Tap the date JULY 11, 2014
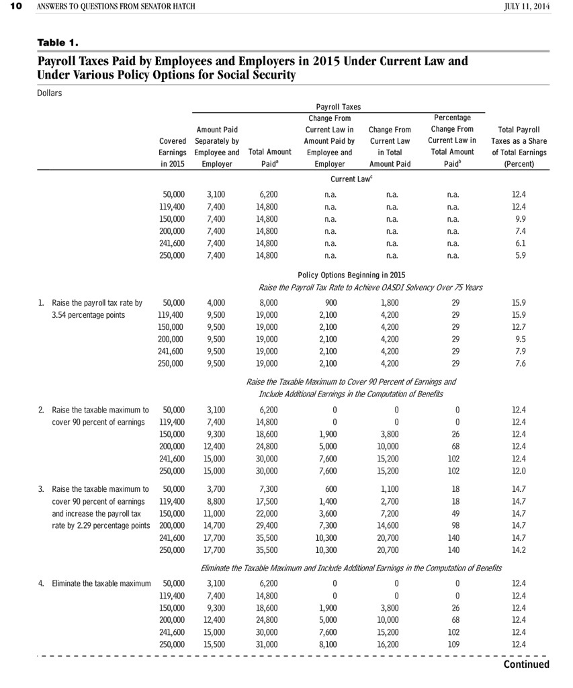[x=526, y=7]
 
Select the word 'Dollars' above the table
[x=49, y=93]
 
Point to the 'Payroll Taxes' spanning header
[x=338, y=107]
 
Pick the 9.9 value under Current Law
[x=519, y=218]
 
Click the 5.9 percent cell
[x=519, y=255]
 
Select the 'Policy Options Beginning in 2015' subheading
[x=351, y=275]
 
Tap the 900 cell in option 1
[x=330, y=302]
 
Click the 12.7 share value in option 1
[x=519, y=327]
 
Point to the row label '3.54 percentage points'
[x=88, y=314]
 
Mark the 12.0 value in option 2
[x=519, y=470]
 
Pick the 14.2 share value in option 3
[x=519, y=549]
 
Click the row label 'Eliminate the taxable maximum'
[x=101, y=583]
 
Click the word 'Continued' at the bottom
[x=526, y=664]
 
